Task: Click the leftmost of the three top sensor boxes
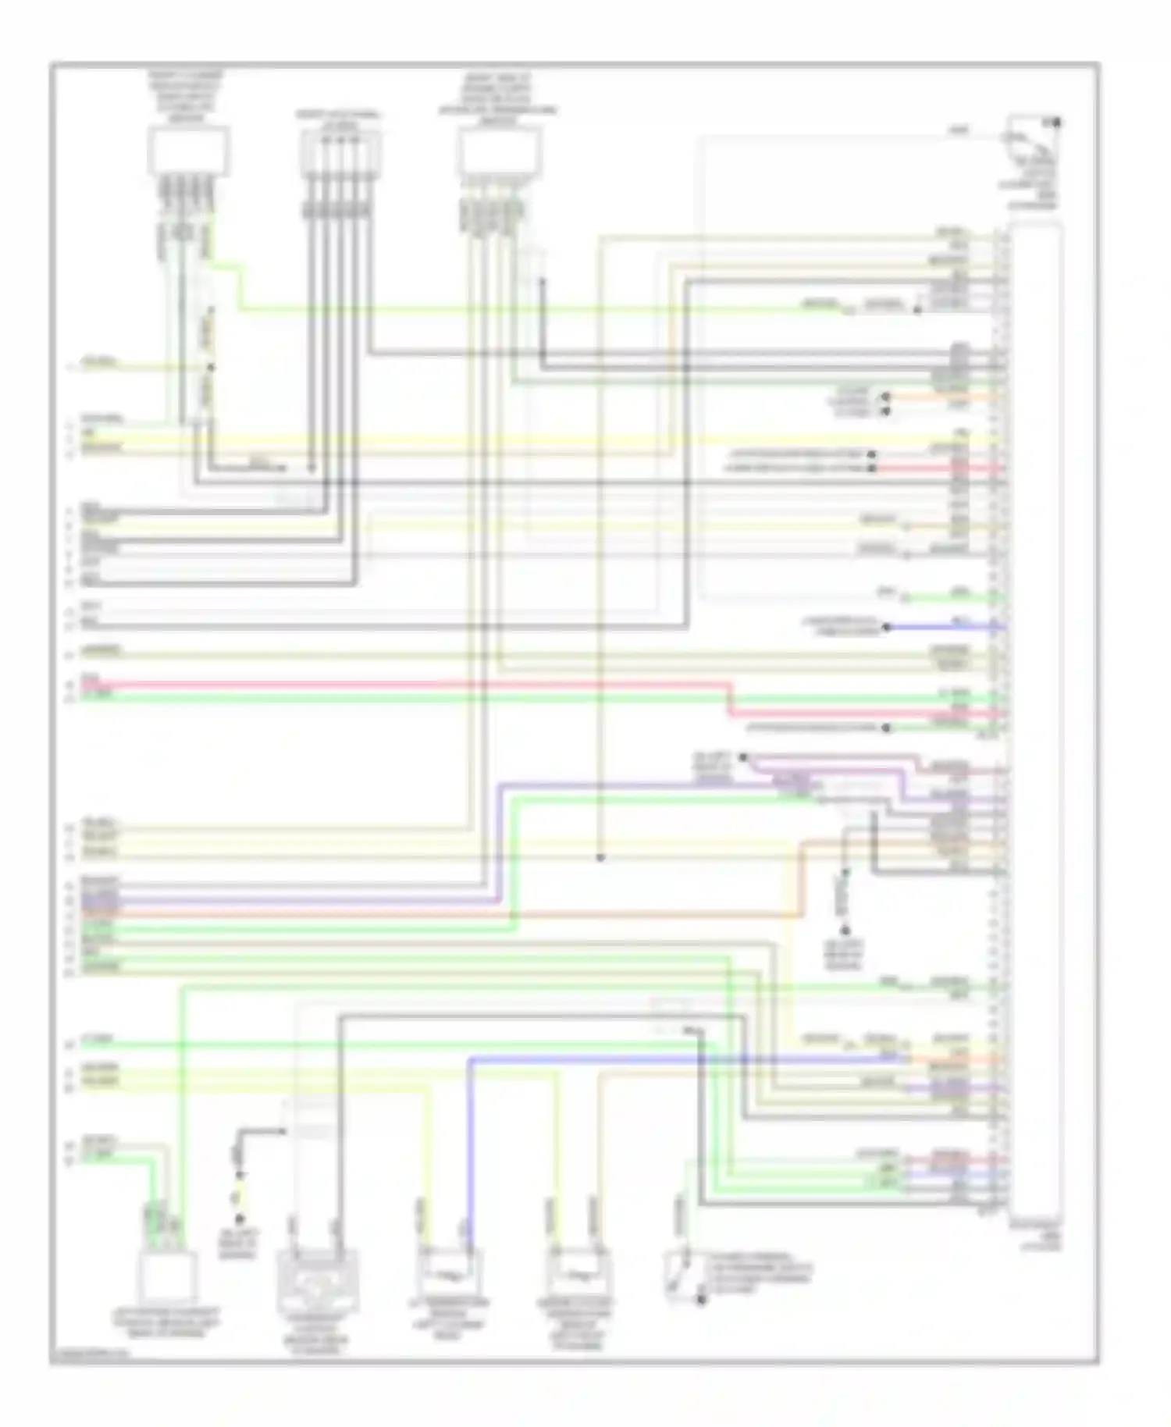188,151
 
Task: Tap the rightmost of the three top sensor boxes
500,151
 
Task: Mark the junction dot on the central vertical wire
600,857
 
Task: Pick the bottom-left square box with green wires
167,1276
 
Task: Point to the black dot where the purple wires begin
743,756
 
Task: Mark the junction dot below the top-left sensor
208,366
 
